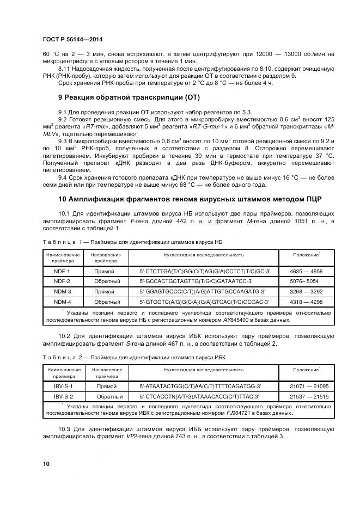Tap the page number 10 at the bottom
[46, 464]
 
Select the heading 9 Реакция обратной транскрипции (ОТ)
[129, 97]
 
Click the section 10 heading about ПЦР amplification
[190, 199]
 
